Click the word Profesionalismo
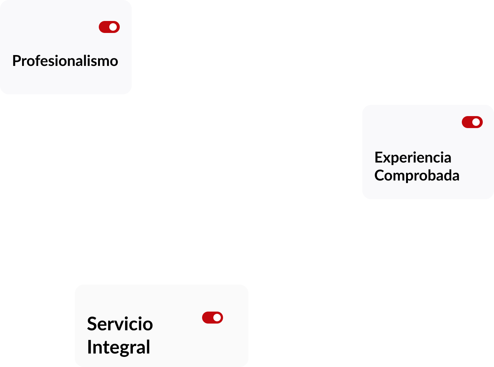[65, 61]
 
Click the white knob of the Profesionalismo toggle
[113, 27]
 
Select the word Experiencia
[413, 158]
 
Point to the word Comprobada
[417, 175]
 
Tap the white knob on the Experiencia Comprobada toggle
[476, 122]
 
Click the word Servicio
[120, 324]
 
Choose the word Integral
[119, 347]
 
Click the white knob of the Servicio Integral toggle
[217, 318]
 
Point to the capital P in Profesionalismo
[16, 61]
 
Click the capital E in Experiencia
[378, 158]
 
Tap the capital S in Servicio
[92, 324]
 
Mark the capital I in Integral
[89, 347]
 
